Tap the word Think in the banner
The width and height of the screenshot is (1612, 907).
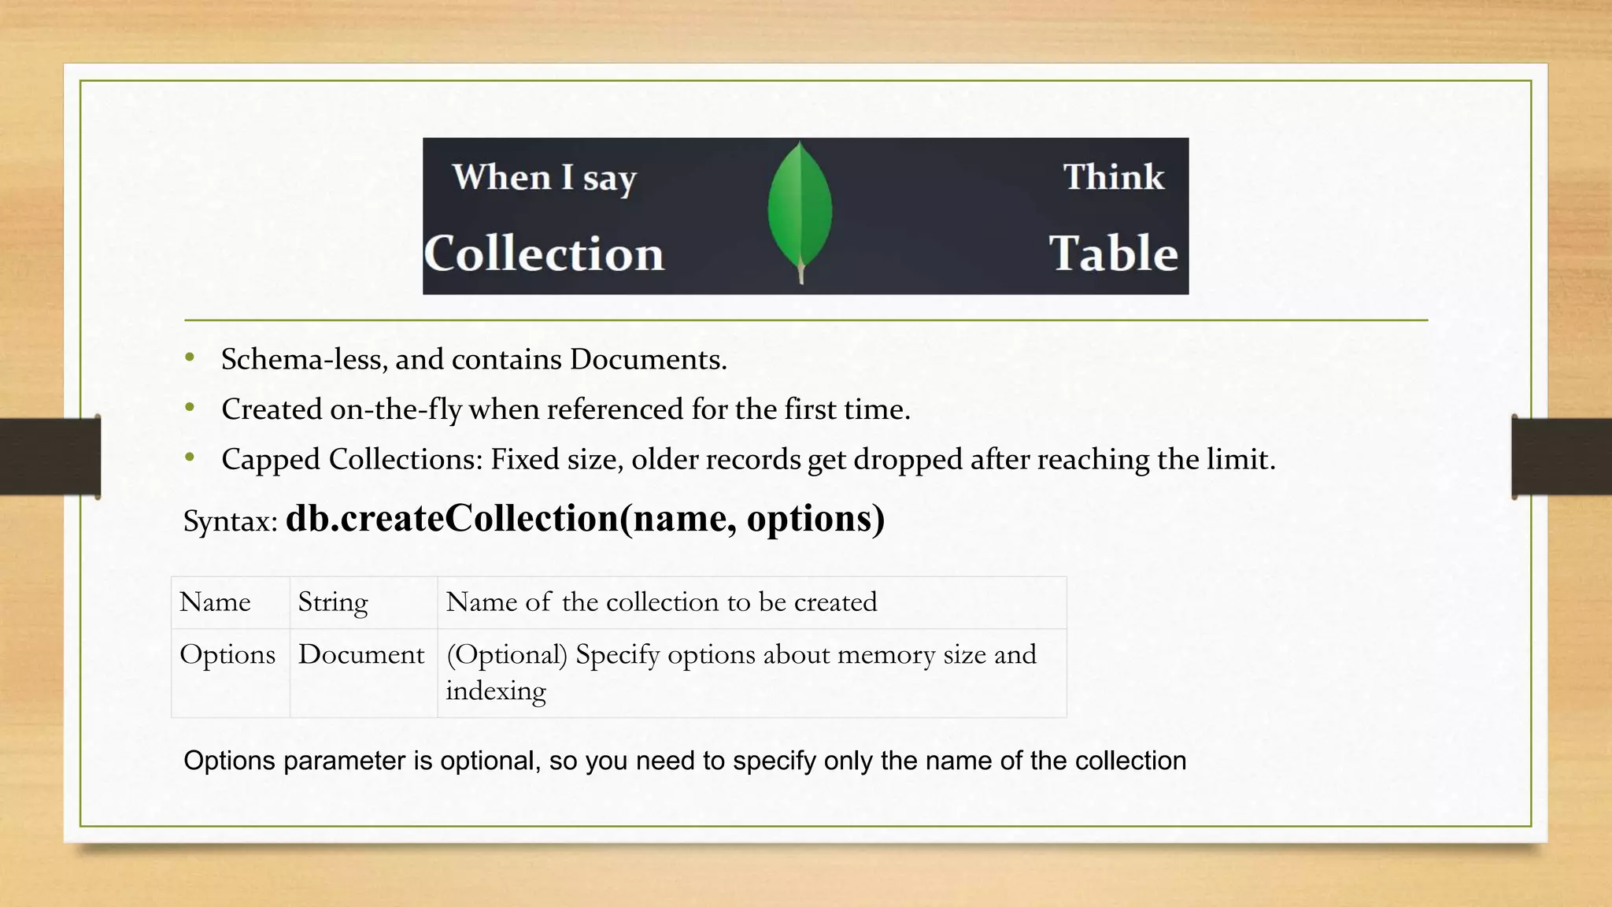1113,177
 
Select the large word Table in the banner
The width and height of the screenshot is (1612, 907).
1113,254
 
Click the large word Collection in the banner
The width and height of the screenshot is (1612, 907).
544,254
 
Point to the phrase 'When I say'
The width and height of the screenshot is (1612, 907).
544,178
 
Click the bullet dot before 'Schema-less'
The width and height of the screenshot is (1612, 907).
190,358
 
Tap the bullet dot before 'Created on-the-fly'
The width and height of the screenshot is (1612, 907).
190,408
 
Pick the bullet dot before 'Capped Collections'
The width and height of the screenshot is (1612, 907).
190,457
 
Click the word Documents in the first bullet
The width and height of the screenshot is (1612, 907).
648,360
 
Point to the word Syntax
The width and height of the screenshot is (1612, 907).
230,521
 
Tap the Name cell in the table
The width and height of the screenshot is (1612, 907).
215,602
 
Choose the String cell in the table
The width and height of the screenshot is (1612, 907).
333,602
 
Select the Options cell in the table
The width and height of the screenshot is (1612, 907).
227,655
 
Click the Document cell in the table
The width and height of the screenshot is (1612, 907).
360,655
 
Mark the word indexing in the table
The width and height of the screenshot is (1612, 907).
496,691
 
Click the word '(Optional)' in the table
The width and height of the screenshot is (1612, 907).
507,655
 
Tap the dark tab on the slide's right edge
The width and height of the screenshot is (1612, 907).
1562,457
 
